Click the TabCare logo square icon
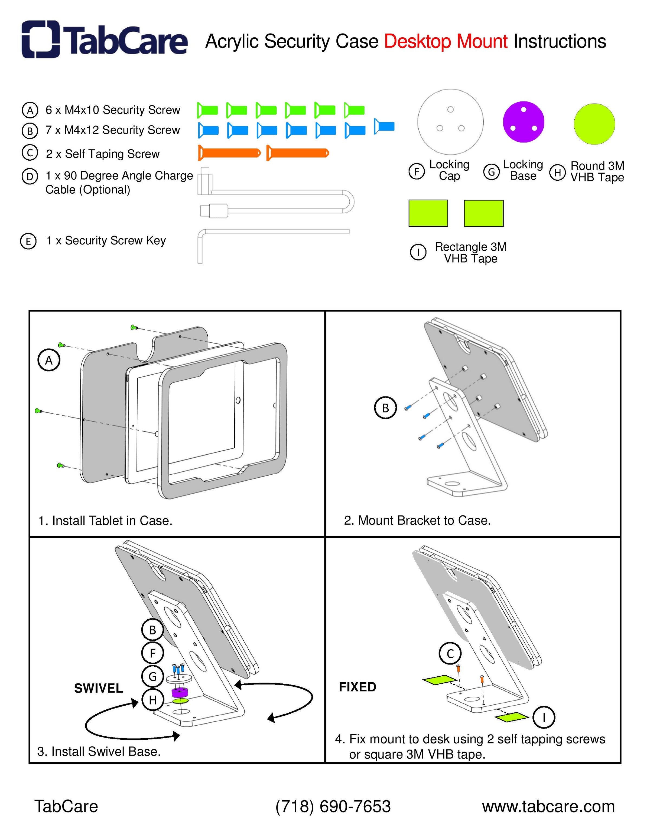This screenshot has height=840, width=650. [x=40, y=39]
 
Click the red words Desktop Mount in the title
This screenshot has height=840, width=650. [x=446, y=42]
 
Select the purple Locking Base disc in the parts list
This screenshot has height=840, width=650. [x=523, y=122]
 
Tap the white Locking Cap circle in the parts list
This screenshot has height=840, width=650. [x=450, y=122]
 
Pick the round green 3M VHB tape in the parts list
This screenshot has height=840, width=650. [x=594, y=124]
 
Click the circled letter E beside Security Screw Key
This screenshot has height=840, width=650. [x=28, y=242]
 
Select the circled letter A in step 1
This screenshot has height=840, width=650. [x=49, y=361]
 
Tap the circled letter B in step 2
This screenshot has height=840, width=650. [x=385, y=408]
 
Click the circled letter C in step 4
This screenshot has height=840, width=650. [x=450, y=653]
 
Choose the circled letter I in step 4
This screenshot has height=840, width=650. [x=544, y=717]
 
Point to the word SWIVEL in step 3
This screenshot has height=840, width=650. [x=98, y=688]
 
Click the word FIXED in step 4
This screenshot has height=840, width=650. [x=357, y=687]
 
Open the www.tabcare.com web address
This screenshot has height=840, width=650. [x=548, y=806]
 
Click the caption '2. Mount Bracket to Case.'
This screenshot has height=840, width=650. [x=417, y=520]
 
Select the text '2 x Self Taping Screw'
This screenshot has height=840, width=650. [x=102, y=154]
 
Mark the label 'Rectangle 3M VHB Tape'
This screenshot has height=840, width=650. [x=470, y=252]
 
